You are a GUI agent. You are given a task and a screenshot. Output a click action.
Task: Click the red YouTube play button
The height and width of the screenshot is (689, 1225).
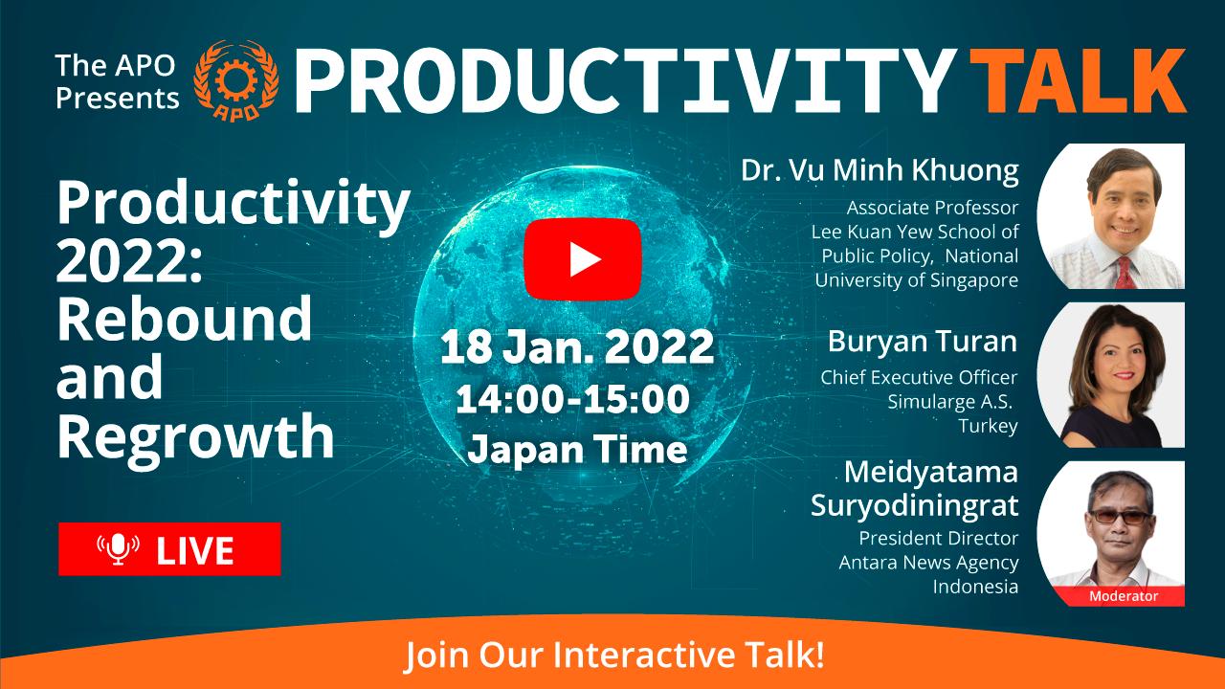tap(583, 259)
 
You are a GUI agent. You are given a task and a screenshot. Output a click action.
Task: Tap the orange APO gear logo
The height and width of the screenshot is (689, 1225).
tap(236, 80)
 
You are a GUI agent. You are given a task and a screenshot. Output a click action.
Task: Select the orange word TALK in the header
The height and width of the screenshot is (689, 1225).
tap(1078, 81)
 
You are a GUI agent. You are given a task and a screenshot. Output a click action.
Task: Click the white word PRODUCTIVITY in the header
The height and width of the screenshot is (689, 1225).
tap(626, 81)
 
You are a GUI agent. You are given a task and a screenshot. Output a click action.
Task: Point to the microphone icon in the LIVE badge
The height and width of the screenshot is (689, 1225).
tap(118, 548)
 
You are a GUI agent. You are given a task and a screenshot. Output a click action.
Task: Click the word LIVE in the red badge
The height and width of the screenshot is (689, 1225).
tap(195, 550)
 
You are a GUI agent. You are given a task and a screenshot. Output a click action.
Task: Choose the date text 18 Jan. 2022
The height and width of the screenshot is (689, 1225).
tap(577, 346)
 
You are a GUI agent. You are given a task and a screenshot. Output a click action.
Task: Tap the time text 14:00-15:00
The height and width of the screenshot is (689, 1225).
tap(572, 399)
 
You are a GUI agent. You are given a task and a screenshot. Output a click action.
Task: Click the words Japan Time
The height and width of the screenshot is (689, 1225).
tap(577, 449)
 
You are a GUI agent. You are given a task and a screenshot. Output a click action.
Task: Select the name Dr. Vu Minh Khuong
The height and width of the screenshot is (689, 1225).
tap(880, 170)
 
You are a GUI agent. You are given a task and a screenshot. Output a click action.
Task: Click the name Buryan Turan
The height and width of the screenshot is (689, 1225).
tap(922, 342)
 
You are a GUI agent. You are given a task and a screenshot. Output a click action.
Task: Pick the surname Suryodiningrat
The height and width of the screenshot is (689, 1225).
tap(914, 506)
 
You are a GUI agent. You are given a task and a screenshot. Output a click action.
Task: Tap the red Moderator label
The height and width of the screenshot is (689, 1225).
tap(1124, 596)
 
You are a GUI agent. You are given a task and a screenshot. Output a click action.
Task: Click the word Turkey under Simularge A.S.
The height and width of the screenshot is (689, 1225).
tap(989, 426)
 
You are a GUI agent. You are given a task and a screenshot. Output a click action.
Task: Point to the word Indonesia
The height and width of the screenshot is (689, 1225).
tap(975, 587)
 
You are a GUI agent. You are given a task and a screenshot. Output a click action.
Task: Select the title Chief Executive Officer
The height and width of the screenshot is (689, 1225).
tap(920, 377)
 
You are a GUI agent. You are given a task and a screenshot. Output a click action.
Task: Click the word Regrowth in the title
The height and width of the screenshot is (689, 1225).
tap(196, 437)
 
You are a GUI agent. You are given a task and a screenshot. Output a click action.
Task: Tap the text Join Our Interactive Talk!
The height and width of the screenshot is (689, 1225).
tap(614, 654)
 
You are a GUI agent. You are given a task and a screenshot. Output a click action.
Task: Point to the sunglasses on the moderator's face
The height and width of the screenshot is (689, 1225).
tap(1121, 517)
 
